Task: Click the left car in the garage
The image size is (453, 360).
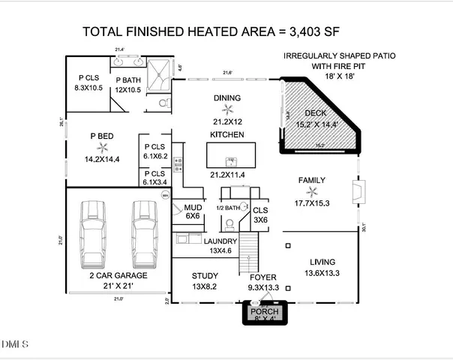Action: (x=93, y=232)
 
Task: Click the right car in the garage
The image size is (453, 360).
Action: (x=144, y=232)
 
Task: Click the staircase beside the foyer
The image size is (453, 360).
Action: (x=248, y=253)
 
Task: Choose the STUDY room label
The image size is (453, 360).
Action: (x=205, y=275)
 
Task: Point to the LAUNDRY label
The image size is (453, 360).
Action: (x=222, y=240)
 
